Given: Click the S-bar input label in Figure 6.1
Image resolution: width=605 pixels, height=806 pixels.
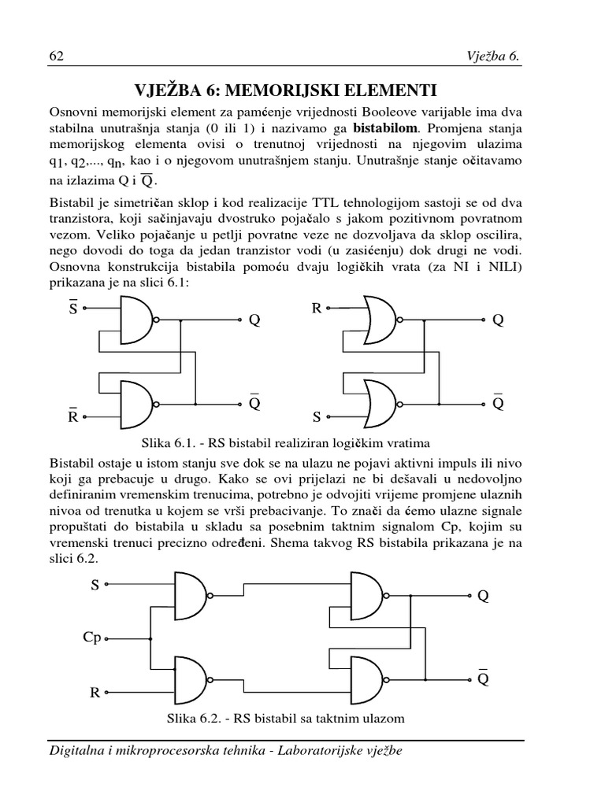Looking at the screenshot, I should click(72, 309).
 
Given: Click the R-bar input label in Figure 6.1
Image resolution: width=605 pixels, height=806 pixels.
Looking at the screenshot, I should click(72, 416).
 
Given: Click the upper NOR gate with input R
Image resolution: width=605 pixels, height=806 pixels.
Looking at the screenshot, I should click(383, 320).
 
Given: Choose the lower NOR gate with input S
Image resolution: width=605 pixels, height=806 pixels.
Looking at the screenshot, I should click(383, 403).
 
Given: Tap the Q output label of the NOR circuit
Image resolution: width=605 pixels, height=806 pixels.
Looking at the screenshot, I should click(498, 320).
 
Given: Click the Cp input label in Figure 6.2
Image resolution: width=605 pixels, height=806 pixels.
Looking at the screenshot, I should click(92, 637).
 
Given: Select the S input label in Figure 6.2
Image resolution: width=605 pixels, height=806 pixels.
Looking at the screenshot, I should click(95, 585).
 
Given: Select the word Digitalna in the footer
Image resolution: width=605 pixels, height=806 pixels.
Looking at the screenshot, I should click(81, 752).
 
